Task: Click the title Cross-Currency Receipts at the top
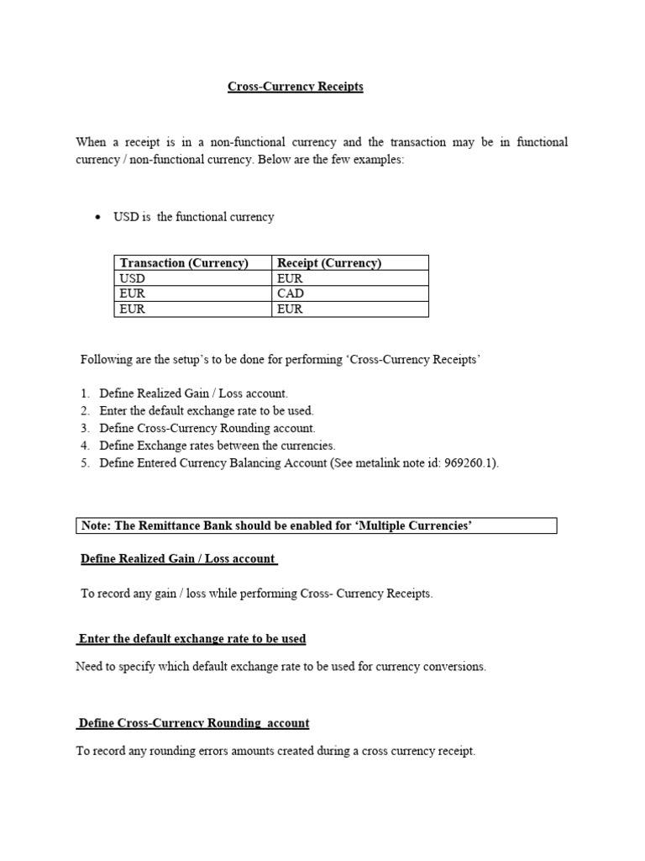click(295, 87)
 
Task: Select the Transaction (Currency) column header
click(184, 263)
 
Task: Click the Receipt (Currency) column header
click(328, 263)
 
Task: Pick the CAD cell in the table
click(289, 293)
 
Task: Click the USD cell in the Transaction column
click(133, 278)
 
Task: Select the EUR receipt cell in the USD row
click(289, 278)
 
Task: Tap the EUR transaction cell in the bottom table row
click(133, 309)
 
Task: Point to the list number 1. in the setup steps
click(85, 394)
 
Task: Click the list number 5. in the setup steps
click(85, 463)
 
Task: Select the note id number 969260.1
click(469, 463)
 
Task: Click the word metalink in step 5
click(383, 463)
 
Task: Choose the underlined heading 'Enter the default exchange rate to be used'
click(191, 639)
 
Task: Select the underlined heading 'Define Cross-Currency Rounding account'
click(193, 723)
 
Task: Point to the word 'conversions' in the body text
click(454, 667)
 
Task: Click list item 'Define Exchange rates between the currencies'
click(217, 446)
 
